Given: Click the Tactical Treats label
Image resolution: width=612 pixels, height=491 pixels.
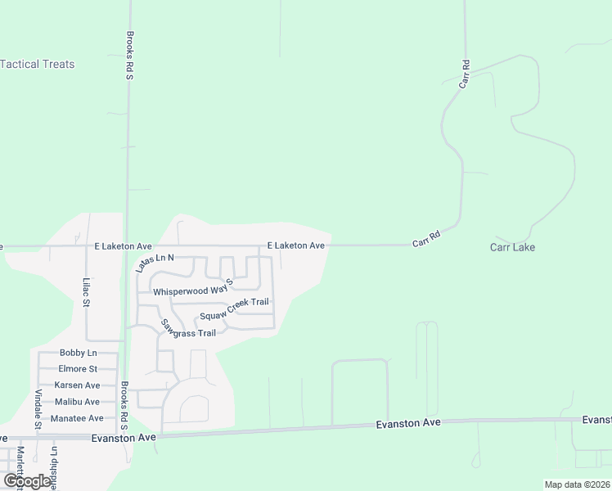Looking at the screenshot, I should [38, 64].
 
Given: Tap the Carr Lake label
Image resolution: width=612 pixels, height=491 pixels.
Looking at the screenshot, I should [512, 247].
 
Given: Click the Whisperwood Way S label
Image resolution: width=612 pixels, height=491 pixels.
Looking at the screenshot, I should [193, 286].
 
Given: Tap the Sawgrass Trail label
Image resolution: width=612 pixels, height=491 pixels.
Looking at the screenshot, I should [189, 329].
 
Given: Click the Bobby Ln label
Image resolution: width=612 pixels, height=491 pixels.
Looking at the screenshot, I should [78, 353].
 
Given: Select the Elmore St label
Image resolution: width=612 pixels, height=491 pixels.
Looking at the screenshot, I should [78, 369].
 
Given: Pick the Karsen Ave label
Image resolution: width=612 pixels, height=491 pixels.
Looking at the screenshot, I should [77, 385].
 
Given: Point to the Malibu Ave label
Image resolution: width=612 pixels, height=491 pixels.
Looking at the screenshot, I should [77, 402].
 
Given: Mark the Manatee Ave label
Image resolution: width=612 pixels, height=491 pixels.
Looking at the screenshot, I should [77, 418].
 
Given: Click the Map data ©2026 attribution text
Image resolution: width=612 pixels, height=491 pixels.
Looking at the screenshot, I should [578, 484].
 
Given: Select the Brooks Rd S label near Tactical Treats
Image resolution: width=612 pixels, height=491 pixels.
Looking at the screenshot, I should [129, 56].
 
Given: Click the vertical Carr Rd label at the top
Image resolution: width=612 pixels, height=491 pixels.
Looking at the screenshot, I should [464, 74].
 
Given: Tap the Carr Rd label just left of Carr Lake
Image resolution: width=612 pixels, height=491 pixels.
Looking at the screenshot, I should [426, 239].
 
